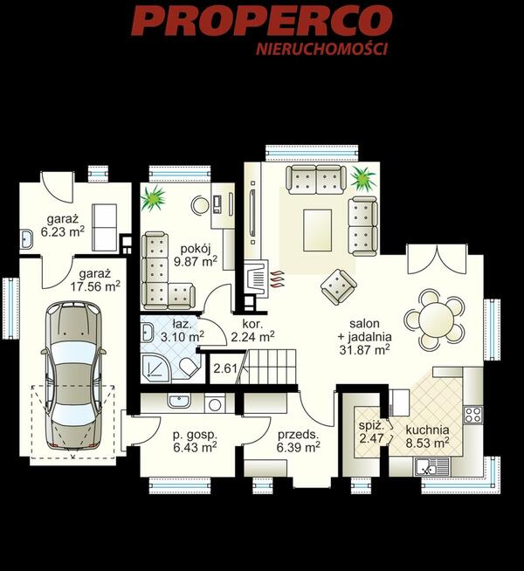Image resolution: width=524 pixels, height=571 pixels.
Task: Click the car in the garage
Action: point(73,375)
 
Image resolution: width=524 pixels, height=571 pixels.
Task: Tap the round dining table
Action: point(435,320)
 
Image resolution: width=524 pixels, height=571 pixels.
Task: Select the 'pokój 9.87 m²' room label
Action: point(196,255)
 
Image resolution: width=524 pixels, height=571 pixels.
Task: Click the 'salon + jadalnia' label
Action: point(365,330)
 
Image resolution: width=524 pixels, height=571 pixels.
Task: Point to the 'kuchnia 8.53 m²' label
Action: point(428,437)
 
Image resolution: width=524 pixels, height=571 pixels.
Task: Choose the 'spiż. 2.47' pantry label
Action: point(371,431)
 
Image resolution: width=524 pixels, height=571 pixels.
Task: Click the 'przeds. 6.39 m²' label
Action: point(298,441)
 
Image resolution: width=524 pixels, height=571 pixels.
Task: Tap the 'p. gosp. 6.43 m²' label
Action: point(195,441)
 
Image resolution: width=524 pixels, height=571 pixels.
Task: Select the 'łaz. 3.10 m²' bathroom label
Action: point(182,330)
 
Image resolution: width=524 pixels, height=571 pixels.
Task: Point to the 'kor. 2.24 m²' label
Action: point(252,330)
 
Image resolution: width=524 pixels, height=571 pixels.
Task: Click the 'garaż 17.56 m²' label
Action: point(95,279)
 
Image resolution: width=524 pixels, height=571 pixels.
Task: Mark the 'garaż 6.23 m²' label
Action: point(63,226)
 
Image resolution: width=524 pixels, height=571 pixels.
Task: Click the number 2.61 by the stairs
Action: point(225,368)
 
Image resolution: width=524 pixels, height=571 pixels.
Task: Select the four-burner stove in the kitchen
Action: point(473,415)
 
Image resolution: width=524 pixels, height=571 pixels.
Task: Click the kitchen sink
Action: point(432,466)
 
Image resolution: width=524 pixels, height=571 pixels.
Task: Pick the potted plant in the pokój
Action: point(154,198)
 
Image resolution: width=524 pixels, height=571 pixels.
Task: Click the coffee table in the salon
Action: point(318,230)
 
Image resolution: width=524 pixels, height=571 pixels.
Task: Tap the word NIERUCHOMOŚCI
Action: point(322,50)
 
